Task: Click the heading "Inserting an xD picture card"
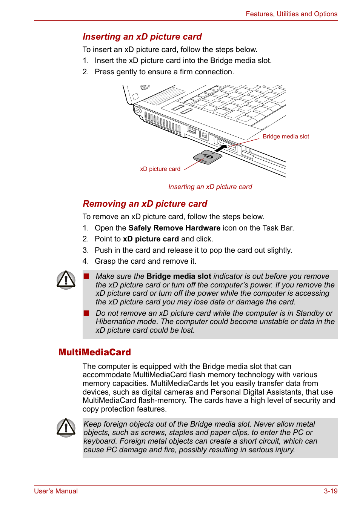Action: pos(142,37)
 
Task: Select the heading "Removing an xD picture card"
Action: pos(145,204)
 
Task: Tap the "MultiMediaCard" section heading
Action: pos(94,352)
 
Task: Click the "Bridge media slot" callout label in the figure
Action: pos(286,137)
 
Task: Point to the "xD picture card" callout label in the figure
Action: pos(160,169)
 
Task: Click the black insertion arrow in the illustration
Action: pos(220,148)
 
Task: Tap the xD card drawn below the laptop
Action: pos(208,157)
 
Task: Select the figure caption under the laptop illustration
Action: pos(210,187)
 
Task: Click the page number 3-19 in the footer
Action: pos(330,491)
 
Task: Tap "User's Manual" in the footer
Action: pos(56,491)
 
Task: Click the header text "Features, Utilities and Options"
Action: pos(291,14)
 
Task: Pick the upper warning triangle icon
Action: pos(66,280)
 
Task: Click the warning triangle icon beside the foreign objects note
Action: pos(66,428)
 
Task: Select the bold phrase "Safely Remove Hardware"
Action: pos(174,228)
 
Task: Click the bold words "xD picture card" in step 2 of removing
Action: pos(151,239)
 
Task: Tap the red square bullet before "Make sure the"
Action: pos(86,276)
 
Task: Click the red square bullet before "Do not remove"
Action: pos(86,313)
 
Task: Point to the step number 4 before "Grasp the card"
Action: pos(85,261)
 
